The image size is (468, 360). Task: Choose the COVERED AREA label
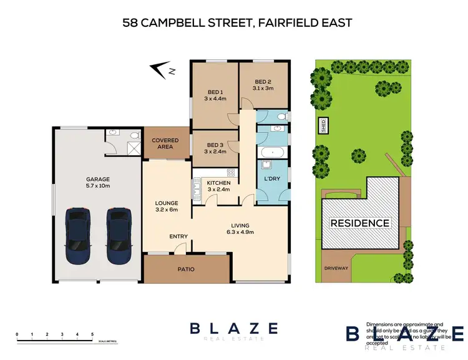tap(165, 144)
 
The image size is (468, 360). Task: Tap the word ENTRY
tap(178, 236)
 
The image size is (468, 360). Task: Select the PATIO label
tap(187, 270)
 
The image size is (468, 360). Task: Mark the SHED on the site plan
tap(323, 125)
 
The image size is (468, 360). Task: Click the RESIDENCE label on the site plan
tap(359, 223)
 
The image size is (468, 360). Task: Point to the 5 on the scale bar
tap(92, 335)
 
